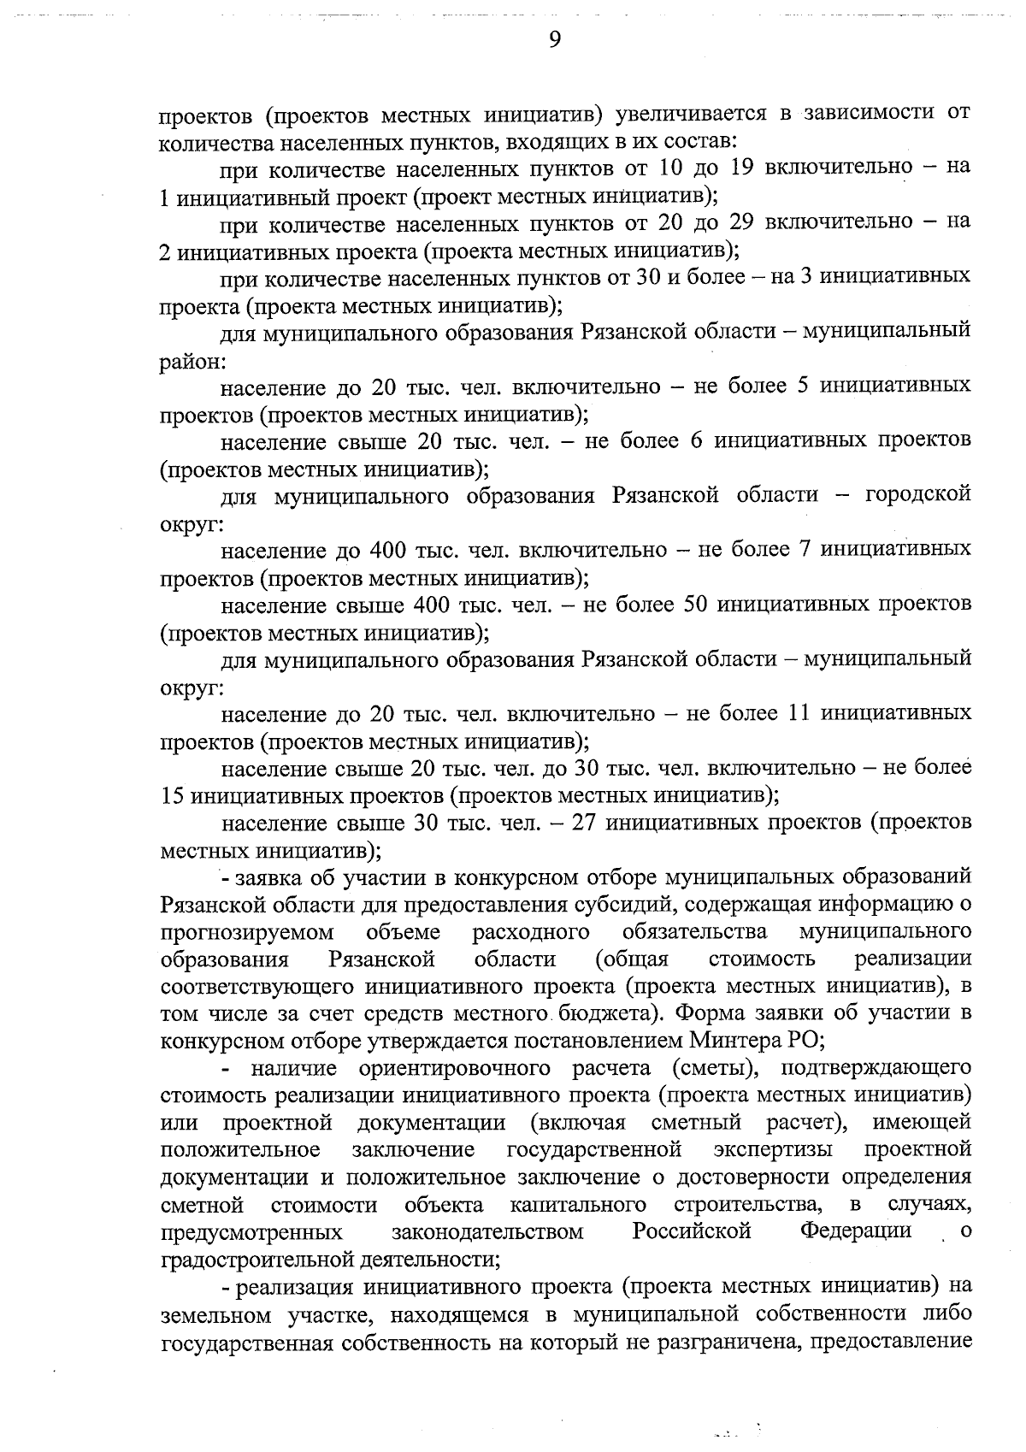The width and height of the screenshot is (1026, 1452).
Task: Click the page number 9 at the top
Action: pos(554,40)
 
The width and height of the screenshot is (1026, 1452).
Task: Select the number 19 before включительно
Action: pos(741,166)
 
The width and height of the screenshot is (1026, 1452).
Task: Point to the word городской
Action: pos(918,494)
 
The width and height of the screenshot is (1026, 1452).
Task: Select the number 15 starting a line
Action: pos(173,795)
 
